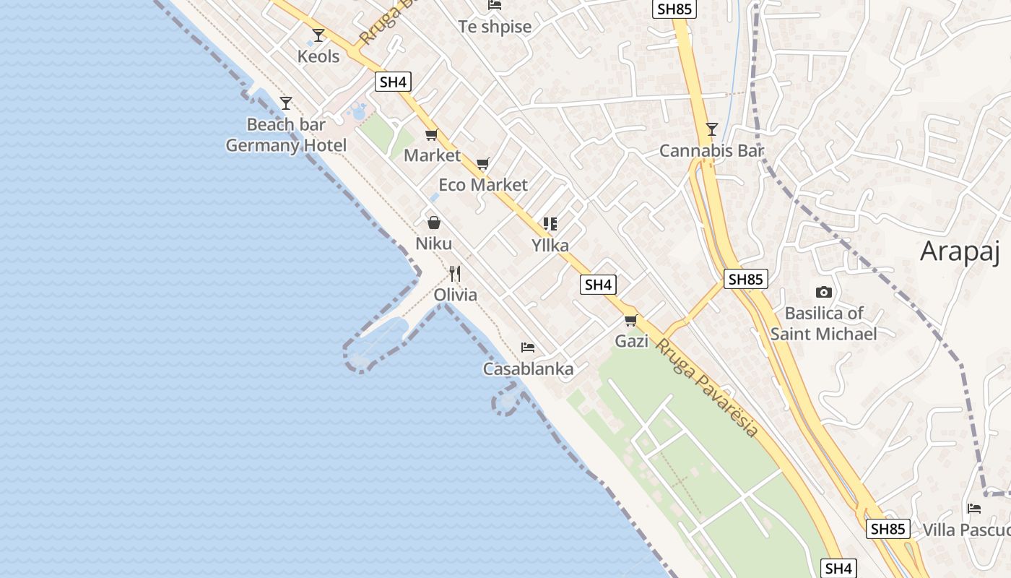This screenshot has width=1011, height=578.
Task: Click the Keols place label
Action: click(x=318, y=56)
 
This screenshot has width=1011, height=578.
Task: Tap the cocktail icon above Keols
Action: click(x=318, y=35)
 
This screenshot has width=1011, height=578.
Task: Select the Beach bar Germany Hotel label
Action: click(x=286, y=135)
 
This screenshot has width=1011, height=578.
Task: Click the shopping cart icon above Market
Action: click(x=432, y=134)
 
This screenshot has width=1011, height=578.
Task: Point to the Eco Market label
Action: click(x=483, y=185)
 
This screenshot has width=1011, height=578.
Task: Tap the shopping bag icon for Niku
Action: click(x=434, y=223)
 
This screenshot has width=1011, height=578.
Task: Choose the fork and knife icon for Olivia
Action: click(x=455, y=273)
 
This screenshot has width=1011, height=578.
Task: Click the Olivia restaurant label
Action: click(x=455, y=295)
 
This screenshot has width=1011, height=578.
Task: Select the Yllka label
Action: click(x=550, y=246)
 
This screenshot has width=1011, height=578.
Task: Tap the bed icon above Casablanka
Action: click(x=528, y=348)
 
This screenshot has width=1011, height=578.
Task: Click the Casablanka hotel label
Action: click(x=528, y=369)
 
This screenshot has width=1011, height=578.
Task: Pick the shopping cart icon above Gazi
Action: click(x=631, y=320)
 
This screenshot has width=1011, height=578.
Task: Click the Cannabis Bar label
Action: click(x=711, y=151)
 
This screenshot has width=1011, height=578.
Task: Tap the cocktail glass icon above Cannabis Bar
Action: click(x=712, y=129)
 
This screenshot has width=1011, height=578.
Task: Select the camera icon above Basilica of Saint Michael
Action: click(x=823, y=293)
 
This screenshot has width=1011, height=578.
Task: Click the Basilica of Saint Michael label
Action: click(x=823, y=324)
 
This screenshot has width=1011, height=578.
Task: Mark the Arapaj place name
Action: click(x=960, y=251)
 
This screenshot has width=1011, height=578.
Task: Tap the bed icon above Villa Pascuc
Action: click(x=974, y=509)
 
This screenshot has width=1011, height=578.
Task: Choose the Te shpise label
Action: click(x=495, y=27)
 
